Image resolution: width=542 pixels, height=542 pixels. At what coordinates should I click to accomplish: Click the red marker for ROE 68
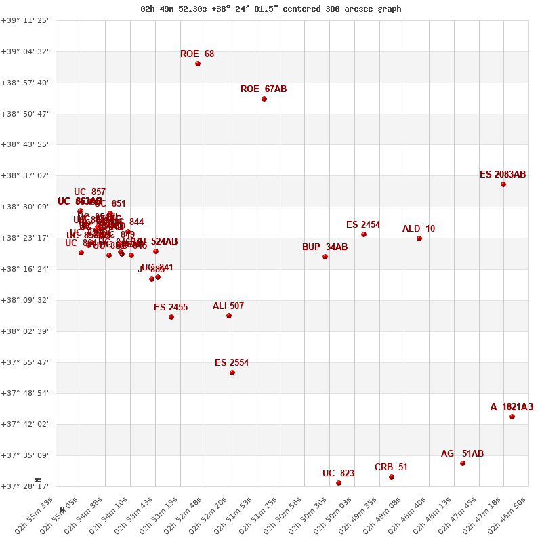click(x=198, y=64)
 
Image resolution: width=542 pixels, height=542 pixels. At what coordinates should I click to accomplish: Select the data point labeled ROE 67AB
click(x=264, y=99)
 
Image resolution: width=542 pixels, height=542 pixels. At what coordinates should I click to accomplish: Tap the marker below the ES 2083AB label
click(x=503, y=184)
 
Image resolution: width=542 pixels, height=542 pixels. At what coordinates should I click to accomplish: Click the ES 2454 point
click(x=364, y=234)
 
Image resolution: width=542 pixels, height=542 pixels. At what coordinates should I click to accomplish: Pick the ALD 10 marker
click(x=419, y=238)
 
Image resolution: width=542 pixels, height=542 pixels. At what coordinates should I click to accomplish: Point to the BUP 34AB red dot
click(x=325, y=257)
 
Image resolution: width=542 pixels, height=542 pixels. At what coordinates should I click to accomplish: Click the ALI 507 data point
click(x=229, y=316)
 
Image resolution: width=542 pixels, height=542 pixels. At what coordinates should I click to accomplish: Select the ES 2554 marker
click(x=232, y=373)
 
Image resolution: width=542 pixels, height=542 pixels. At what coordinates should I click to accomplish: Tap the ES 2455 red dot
click(x=171, y=317)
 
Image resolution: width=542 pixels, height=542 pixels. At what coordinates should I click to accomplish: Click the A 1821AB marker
click(x=512, y=417)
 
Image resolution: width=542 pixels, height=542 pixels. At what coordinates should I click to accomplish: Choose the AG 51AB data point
click(x=463, y=463)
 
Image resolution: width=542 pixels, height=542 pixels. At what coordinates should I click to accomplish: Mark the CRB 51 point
click(x=392, y=477)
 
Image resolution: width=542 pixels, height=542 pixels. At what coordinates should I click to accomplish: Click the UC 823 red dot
click(x=339, y=483)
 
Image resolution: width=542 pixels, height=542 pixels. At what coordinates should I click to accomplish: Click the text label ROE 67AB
click(x=264, y=89)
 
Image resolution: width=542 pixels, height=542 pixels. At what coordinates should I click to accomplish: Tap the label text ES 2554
click(x=232, y=363)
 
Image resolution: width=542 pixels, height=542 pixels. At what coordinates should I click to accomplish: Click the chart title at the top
click(x=271, y=9)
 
